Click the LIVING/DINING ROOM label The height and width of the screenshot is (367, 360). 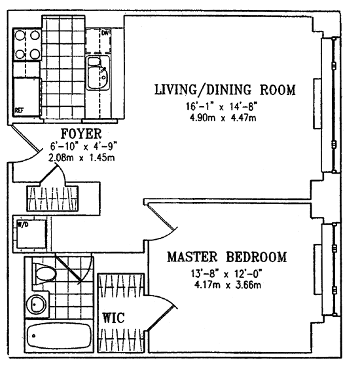[x=225, y=90]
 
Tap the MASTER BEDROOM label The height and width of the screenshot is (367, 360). [x=226, y=257]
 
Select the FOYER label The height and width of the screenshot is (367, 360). [x=81, y=134]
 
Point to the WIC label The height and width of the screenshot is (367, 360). [x=114, y=318]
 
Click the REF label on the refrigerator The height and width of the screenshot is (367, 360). [x=20, y=110]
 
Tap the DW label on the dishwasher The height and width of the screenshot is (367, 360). [x=105, y=33]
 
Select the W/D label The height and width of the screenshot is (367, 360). [x=23, y=225]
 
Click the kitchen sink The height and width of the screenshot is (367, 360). [x=98, y=73]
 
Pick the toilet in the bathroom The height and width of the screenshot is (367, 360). [x=44, y=274]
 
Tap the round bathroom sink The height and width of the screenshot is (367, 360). [x=36, y=304]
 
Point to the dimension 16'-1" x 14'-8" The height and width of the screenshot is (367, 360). [x=221, y=106]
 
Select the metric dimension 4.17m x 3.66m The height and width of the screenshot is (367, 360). [x=228, y=285]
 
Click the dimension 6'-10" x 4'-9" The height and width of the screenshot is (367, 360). [x=84, y=147]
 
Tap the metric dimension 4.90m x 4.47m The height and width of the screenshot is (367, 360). [x=223, y=118]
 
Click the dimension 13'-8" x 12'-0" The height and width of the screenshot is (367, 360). [x=226, y=273]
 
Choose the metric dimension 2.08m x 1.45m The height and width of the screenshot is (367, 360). [x=81, y=158]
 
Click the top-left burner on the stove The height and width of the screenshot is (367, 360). [x=20, y=35]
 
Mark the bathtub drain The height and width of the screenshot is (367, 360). [x=33, y=336]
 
